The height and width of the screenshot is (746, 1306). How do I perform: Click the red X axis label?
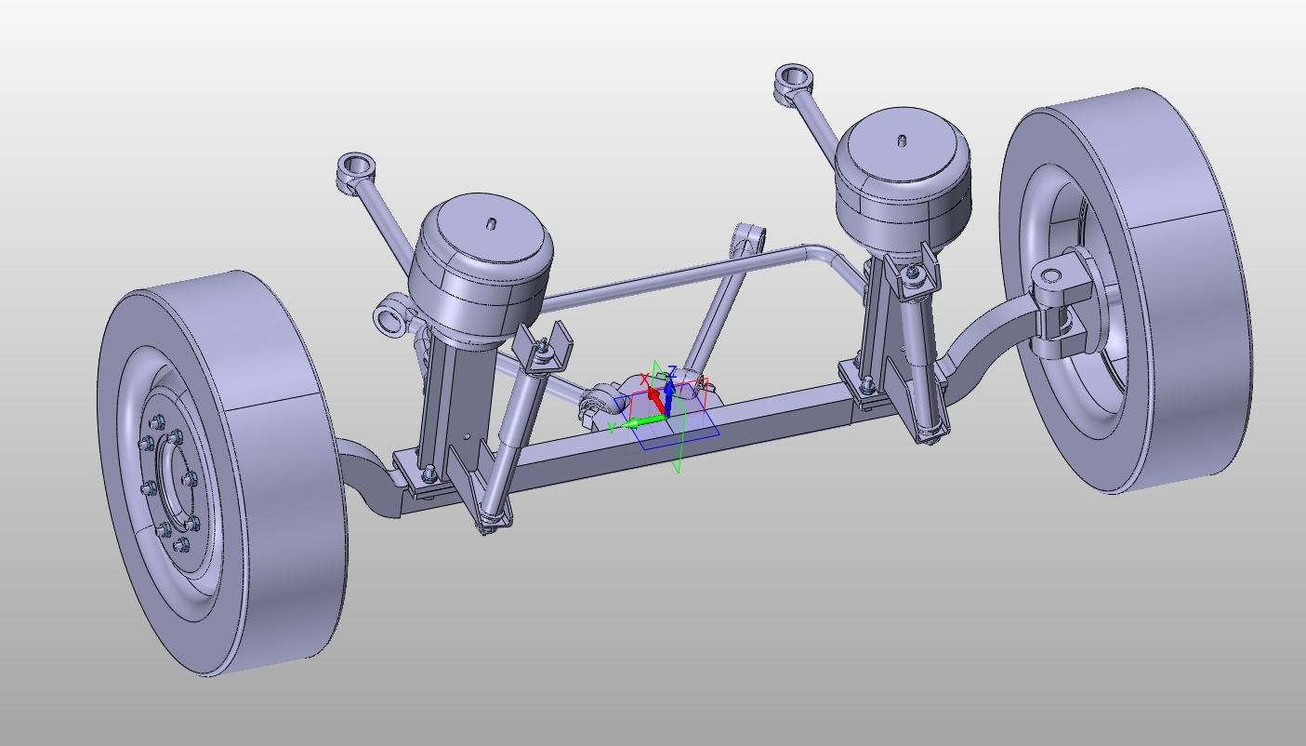click(x=644, y=380)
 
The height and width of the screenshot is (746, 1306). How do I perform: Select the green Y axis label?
click(x=612, y=427)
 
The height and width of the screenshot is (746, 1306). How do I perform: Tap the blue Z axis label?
click(x=672, y=372)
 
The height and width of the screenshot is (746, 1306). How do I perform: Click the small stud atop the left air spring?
click(x=492, y=224)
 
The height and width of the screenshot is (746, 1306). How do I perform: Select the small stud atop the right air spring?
click(x=902, y=141)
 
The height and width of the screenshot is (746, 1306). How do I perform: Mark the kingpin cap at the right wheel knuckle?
click(x=1051, y=276)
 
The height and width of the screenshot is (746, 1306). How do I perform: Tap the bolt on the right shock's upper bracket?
click(x=915, y=273)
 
